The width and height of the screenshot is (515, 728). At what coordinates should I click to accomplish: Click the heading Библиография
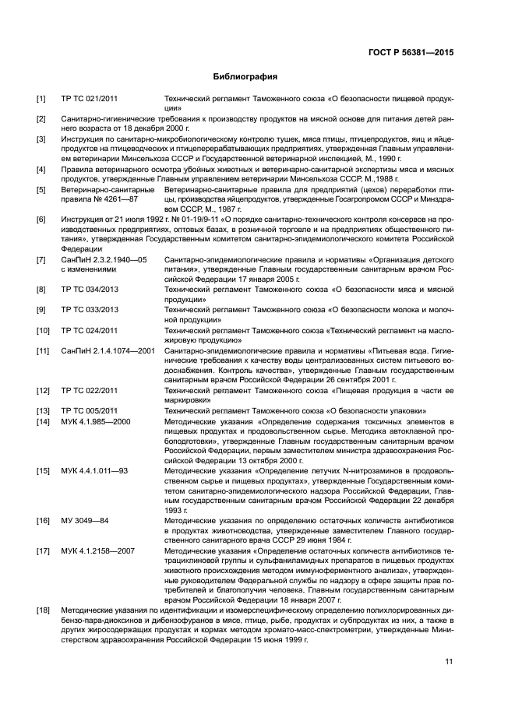click(245, 77)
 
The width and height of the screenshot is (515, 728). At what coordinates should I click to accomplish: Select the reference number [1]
click(41, 100)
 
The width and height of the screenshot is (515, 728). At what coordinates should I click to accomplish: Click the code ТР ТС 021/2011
click(90, 100)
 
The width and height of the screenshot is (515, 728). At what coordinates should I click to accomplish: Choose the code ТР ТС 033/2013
click(90, 310)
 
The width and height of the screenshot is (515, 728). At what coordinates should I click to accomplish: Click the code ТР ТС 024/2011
click(90, 330)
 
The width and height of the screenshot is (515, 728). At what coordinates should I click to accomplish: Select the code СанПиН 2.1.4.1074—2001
click(108, 350)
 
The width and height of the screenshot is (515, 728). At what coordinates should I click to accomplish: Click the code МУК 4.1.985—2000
click(96, 421)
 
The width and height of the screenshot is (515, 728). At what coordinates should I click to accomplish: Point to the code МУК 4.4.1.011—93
click(94, 471)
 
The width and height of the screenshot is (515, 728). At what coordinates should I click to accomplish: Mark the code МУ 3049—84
click(85, 521)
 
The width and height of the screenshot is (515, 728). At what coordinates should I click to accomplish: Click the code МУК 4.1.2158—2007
click(98, 551)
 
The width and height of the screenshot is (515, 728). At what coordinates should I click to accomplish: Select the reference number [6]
click(41, 220)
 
